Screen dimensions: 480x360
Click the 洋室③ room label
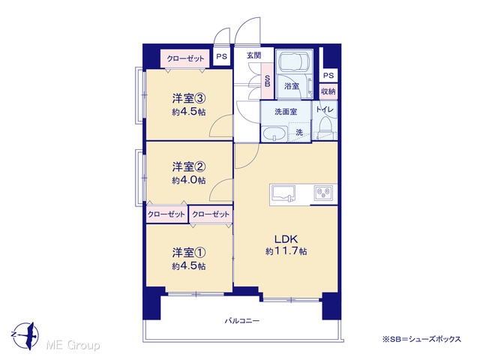point(188,98)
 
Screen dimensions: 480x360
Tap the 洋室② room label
point(188,166)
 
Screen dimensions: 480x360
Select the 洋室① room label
point(188,253)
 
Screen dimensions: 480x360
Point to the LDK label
point(286,238)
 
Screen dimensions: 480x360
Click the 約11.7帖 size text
point(286,251)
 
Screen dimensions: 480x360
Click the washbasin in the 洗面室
point(274,134)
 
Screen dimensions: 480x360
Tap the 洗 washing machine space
point(299,133)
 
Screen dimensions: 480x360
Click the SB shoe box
point(267,81)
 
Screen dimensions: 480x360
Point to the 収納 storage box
point(328,91)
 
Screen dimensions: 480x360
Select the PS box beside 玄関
point(222,57)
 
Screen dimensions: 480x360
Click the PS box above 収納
point(328,75)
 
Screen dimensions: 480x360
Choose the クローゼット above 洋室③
point(185,58)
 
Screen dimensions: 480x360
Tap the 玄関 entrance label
point(254,55)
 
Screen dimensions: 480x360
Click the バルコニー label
point(242,321)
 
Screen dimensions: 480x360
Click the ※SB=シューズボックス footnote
point(421,339)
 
